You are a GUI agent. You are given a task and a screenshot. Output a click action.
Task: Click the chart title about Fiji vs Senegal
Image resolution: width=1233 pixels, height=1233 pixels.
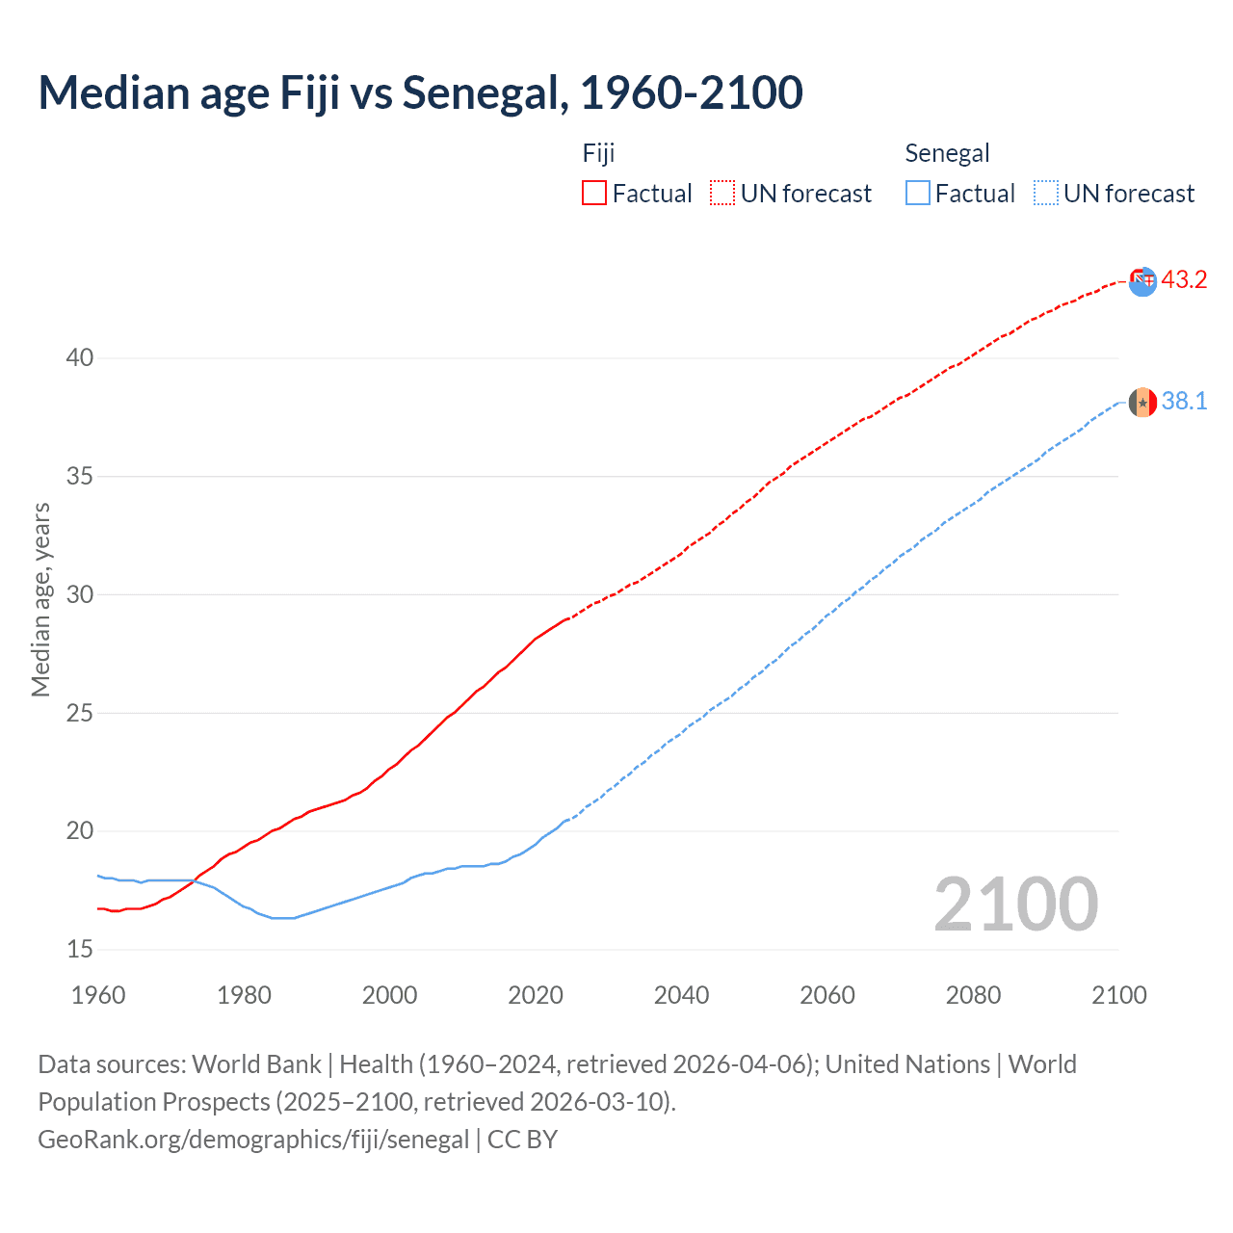[420, 93]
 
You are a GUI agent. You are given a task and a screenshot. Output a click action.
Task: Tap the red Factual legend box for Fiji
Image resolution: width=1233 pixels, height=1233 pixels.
[594, 194]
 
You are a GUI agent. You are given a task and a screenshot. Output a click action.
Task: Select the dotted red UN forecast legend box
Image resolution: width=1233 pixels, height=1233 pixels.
[722, 194]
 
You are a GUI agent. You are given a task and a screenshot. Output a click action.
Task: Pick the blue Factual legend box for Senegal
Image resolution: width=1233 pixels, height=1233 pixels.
[918, 194]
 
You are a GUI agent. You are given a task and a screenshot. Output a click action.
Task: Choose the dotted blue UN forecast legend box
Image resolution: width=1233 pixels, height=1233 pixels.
[1045, 194]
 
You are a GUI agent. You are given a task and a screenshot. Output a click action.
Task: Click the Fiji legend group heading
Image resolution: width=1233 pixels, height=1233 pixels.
[598, 153]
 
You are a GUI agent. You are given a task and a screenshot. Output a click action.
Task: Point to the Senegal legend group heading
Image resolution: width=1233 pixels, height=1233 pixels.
[947, 153]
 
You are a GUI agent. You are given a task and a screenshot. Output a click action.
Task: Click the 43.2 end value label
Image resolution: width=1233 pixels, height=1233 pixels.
[1184, 280]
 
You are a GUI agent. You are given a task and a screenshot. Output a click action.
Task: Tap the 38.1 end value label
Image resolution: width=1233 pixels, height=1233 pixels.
[1184, 402]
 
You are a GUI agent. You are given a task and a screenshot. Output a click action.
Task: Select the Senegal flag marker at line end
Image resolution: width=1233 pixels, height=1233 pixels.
[1142, 402]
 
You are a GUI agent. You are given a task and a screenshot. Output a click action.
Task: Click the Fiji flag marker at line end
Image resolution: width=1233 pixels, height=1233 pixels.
[1142, 281]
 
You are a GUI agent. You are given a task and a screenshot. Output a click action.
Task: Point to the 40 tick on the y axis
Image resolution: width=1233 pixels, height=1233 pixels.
[80, 358]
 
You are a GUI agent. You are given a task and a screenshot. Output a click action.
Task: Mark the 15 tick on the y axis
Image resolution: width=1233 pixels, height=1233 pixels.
[80, 950]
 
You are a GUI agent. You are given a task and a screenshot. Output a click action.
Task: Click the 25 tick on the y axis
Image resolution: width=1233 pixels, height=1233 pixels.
[80, 714]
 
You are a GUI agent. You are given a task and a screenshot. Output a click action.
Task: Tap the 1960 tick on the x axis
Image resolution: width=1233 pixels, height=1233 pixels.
[98, 995]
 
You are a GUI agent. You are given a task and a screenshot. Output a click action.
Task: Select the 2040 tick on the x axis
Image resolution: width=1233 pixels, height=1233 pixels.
[681, 995]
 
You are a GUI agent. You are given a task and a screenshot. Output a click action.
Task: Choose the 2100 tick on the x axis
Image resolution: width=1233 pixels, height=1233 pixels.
[1118, 995]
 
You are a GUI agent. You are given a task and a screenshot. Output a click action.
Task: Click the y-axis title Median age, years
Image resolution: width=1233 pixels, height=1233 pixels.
[40, 599]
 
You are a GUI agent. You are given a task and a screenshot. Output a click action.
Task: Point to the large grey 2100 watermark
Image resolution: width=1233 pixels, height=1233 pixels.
[1015, 905]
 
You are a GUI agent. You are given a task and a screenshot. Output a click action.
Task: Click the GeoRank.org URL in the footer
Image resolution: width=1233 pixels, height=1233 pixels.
[253, 1140]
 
